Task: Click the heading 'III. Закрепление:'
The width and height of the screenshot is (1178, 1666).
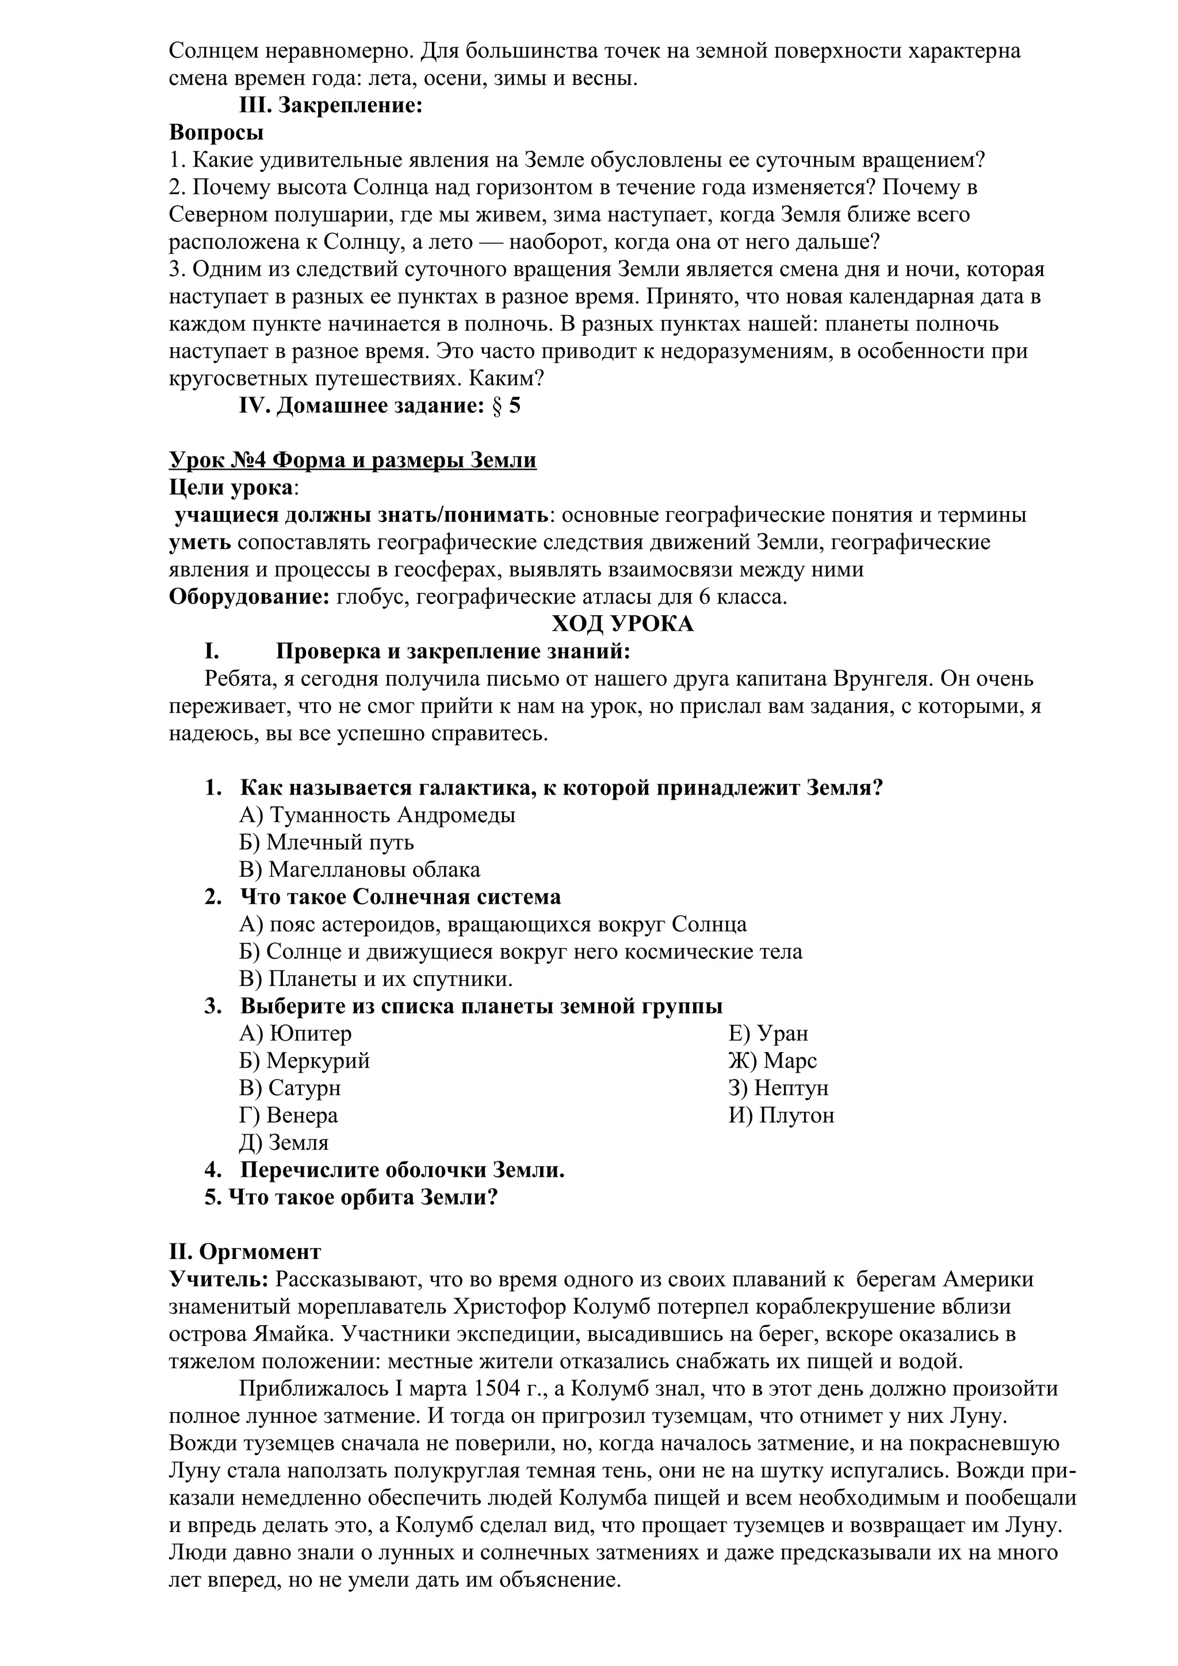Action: [x=330, y=106]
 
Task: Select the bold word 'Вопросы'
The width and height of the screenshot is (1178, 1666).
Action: [x=216, y=133]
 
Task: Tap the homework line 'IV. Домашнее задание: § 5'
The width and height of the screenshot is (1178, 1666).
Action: [x=380, y=406]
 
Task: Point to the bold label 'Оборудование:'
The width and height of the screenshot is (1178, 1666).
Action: [x=250, y=597]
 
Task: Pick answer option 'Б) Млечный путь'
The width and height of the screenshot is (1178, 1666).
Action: [x=326, y=842]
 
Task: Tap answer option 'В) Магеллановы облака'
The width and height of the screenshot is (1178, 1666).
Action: [x=359, y=869]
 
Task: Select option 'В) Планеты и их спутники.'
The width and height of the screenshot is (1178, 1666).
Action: [x=375, y=979]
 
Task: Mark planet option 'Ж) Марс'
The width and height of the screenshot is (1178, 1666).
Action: [x=772, y=1060]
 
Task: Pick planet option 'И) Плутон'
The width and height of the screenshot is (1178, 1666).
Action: [x=781, y=1115]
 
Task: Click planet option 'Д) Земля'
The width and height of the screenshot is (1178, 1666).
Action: [x=283, y=1142]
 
